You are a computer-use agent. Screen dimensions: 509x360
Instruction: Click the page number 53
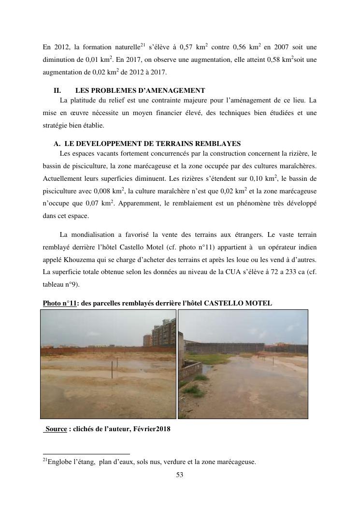[179, 475]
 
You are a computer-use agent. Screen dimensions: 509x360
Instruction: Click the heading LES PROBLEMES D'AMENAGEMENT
[140, 90]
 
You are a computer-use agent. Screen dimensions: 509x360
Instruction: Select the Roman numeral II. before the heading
[57, 90]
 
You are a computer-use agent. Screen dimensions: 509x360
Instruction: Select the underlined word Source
[56, 429]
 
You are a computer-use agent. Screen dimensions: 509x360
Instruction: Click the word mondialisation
[105, 234]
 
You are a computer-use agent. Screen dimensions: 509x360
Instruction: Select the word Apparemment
[139, 204]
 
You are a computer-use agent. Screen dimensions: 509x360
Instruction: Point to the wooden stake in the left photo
[112, 371]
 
